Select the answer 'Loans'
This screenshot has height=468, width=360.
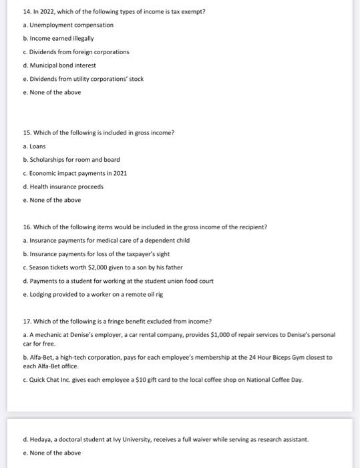pos(37,146)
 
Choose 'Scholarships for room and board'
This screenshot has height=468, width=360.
pos(74,160)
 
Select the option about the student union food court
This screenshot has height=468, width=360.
pos(121,281)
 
